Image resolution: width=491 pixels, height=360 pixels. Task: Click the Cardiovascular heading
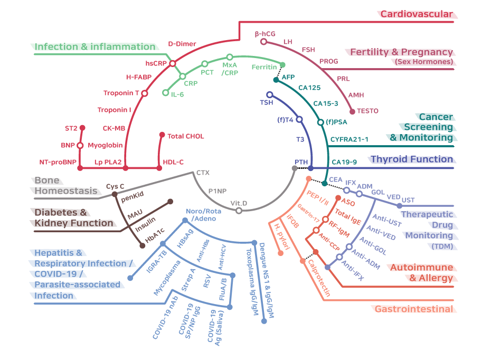tap(417, 14)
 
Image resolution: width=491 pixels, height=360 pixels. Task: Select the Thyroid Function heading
tap(412, 159)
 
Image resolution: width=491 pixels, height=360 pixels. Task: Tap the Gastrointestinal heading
tap(414, 309)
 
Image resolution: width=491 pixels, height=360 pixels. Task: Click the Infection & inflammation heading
tap(95, 46)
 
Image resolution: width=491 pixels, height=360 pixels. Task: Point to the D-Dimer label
tap(182, 44)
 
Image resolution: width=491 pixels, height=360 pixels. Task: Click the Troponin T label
tap(121, 93)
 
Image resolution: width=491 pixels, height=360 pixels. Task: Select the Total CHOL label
tap(182, 136)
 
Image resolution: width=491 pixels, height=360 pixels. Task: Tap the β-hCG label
tap(265, 34)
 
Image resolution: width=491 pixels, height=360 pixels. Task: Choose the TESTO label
tap(367, 111)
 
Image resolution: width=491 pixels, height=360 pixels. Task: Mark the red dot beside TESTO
tap(353, 111)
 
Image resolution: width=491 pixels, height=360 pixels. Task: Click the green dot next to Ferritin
tap(282, 65)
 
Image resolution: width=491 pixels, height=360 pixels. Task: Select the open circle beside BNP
tap(80, 145)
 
